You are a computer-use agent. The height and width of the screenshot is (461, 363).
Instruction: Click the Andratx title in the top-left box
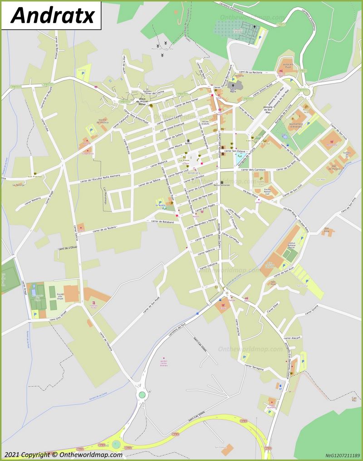[x=52, y=15]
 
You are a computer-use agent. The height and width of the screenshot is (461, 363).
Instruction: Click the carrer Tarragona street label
[x=254, y=369]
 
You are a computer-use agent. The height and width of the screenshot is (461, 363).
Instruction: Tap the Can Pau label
[x=354, y=400]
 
